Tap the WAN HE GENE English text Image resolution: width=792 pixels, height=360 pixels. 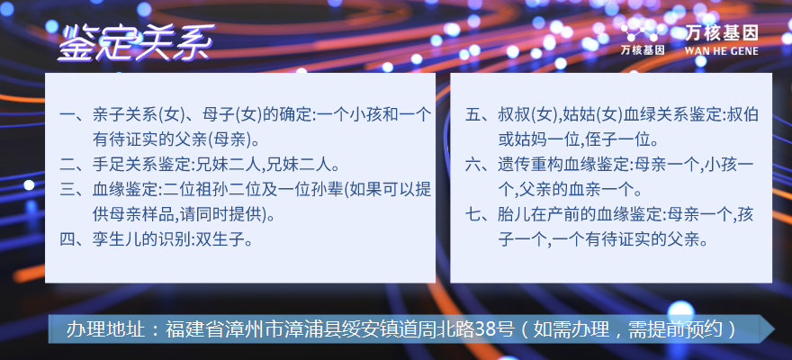721,51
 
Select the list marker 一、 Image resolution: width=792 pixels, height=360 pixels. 76,115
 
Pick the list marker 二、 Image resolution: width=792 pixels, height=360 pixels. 76,164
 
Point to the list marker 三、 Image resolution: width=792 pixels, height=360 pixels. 76,189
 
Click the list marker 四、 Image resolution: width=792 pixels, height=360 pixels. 76,239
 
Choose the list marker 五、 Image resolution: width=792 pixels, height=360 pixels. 481,115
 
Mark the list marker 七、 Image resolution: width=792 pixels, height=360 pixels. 481,215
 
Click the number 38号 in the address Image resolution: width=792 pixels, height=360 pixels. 498,329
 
